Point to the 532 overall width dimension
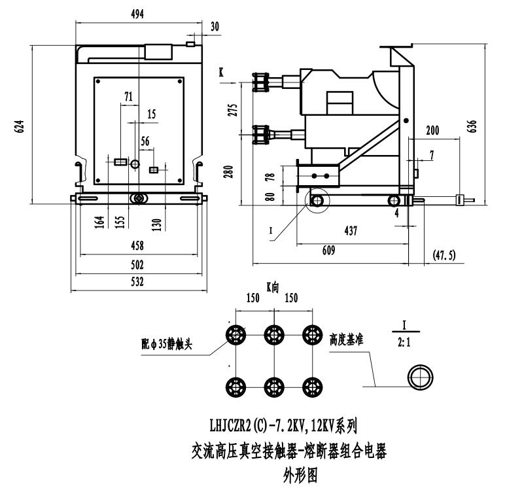[137, 283]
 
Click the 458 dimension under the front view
[137, 246]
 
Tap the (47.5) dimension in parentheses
[445, 252]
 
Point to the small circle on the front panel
[135, 163]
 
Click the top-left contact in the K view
[235, 335]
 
